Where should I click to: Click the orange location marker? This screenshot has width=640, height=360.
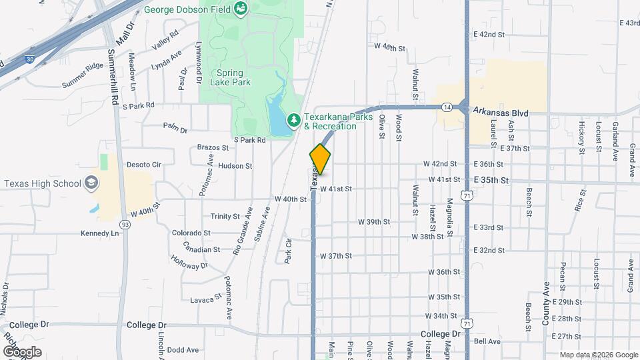[321, 159]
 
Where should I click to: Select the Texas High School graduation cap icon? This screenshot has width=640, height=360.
[91, 183]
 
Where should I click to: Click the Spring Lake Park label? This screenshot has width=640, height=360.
[233, 77]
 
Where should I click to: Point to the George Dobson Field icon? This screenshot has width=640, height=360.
[240, 9]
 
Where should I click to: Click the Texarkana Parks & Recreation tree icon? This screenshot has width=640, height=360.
[292, 120]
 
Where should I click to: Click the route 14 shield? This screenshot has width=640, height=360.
[446, 106]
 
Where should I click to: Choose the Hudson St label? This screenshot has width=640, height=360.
[235, 166]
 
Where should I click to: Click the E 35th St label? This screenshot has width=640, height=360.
[491, 180]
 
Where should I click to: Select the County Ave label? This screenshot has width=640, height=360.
[545, 307]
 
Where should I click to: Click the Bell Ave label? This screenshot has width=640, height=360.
[487, 341]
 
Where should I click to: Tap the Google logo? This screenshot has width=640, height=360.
[22, 351]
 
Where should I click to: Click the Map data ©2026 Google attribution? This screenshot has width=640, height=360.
[598, 355]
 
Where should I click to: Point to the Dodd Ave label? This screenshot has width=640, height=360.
[183, 350]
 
